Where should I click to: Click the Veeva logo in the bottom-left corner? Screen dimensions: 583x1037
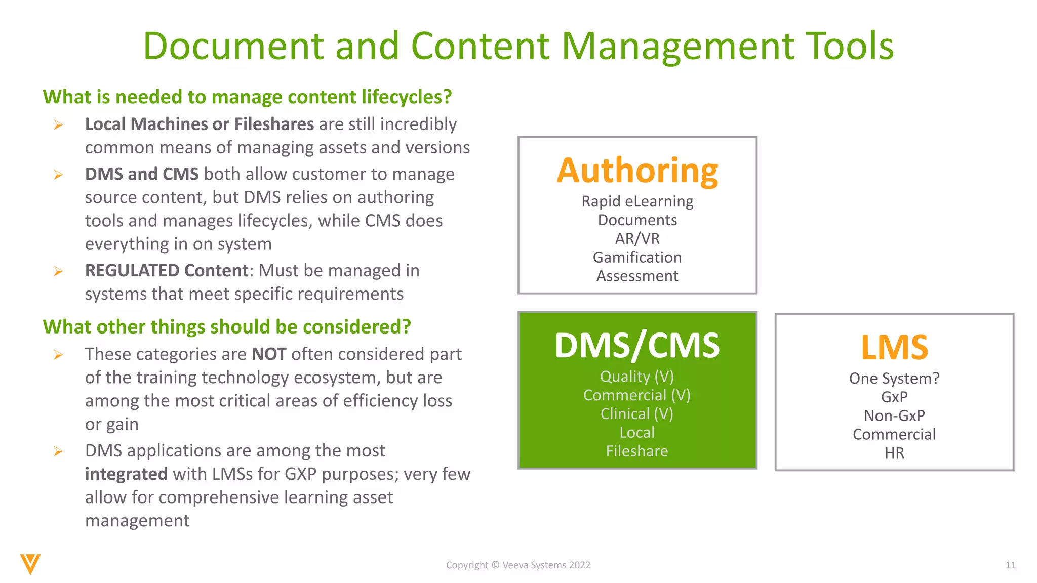tap(30, 564)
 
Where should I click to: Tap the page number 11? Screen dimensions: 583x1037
tap(1010, 565)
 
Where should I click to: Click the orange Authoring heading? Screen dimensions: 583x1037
tap(637, 171)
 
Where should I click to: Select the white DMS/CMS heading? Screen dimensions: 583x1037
tap(637, 346)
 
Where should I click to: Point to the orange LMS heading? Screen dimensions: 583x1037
tap(894, 348)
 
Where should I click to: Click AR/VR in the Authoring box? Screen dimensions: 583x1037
tap(637, 238)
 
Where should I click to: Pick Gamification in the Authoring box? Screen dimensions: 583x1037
tap(637, 257)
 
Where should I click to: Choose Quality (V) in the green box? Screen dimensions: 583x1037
tap(637, 377)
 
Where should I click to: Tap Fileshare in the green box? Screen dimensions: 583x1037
tap(637, 451)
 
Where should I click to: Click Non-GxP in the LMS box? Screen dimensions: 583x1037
tap(894, 415)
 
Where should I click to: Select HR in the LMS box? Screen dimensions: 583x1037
tap(894, 453)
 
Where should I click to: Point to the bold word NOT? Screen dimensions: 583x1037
tap(269, 354)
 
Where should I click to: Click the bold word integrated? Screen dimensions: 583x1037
tap(126, 474)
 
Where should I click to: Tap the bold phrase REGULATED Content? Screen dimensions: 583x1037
tap(167, 270)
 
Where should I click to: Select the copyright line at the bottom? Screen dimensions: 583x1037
tap(518, 565)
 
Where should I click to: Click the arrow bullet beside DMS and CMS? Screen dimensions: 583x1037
tap(58, 175)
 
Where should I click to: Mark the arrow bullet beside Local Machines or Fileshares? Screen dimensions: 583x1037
tap(58, 124)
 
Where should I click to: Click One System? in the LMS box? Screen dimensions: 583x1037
tap(894, 378)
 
